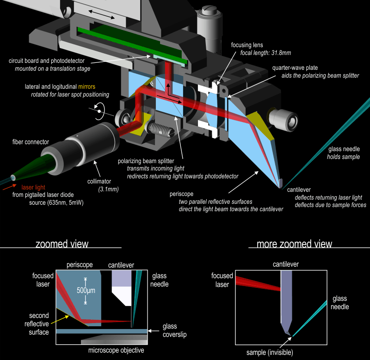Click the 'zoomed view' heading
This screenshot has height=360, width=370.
[x=62, y=244]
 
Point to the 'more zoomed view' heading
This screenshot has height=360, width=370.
[x=294, y=244]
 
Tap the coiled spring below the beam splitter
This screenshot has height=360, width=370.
[x=158, y=126]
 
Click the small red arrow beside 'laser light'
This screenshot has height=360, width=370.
[x=10, y=188]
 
